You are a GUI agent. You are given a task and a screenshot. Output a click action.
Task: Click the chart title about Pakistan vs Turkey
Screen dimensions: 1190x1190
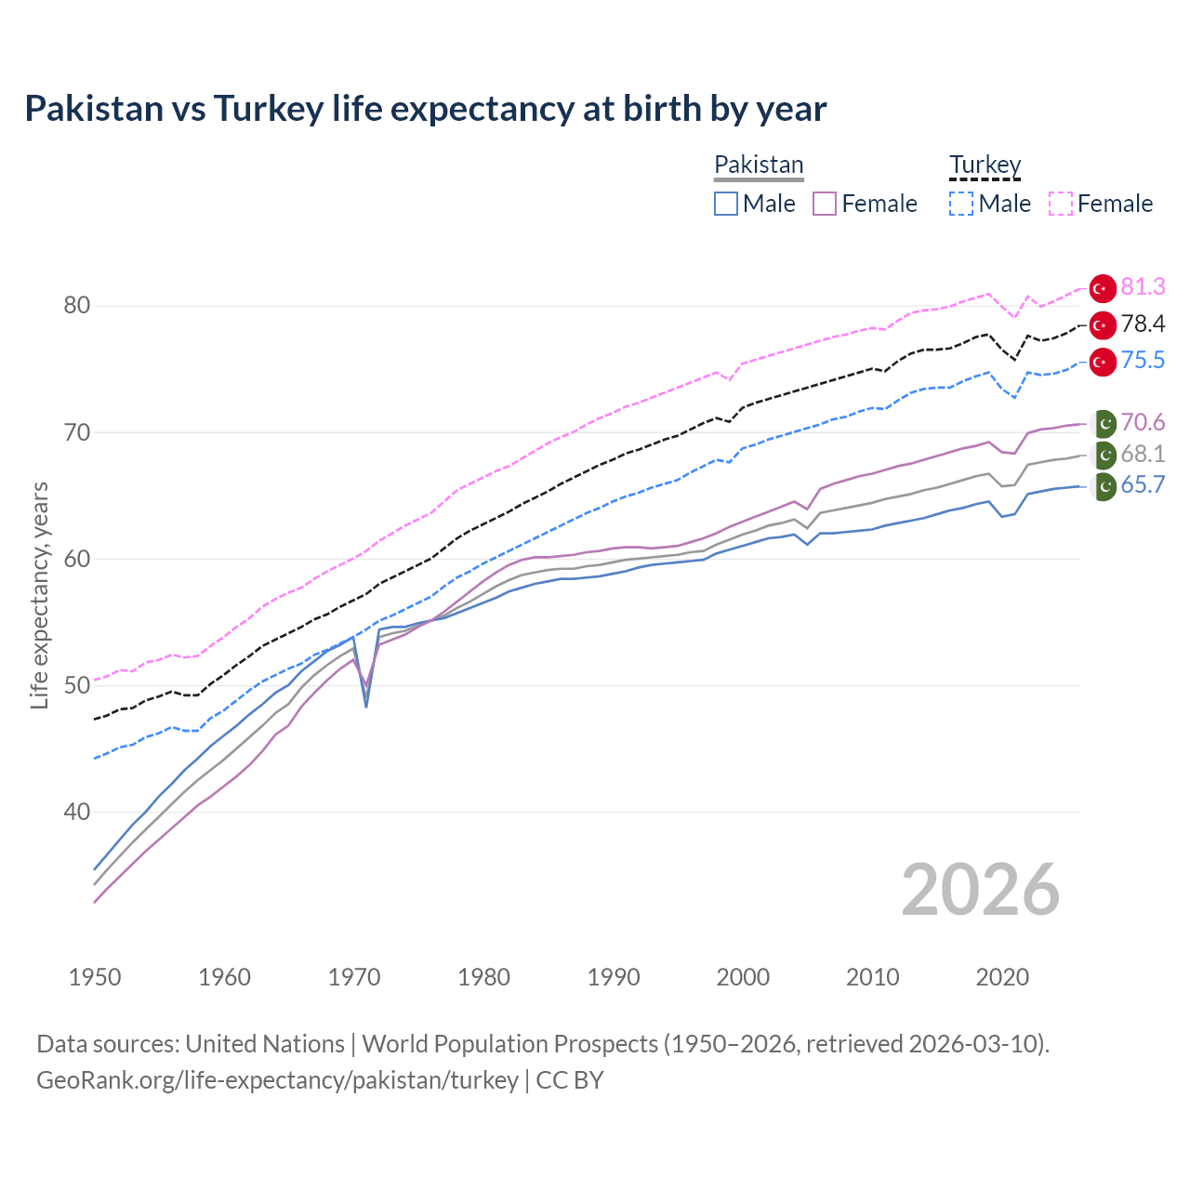[x=425, y=109]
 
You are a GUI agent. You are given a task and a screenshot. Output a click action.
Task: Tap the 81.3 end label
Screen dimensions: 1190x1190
[x=1143, y=287]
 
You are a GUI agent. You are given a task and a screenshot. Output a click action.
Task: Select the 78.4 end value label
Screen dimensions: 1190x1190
[x=1143, y=324]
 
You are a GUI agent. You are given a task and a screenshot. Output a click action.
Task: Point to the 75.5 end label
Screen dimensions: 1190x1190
[x=1143, y=360]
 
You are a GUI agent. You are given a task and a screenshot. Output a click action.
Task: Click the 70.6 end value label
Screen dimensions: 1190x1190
[x=1143, y=422]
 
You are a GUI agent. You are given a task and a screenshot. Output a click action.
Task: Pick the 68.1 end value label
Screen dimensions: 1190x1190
[x=1143, y=454]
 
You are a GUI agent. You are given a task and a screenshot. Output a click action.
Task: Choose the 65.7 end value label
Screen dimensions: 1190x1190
[x=1143, y=484]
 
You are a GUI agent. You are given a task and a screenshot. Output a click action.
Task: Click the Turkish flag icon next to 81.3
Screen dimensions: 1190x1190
[x=1103, y=289]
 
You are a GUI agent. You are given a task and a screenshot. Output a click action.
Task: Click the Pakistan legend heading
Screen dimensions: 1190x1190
[x=759, y=165]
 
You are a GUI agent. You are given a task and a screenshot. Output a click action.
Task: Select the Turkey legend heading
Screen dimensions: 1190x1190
[x=985, y=165]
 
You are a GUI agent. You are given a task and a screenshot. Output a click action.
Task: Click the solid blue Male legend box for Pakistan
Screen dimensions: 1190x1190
[x=726, y=204]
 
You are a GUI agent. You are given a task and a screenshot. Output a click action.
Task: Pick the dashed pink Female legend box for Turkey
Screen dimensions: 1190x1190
[x=1061, y=204]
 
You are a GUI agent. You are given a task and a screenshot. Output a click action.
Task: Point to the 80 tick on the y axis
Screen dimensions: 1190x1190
[x=77, y=305]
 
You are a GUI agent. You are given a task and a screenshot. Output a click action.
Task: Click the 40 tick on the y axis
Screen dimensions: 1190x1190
[x=77, y=812]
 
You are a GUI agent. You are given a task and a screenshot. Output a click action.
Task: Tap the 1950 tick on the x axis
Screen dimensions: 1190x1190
[x=95, y=977]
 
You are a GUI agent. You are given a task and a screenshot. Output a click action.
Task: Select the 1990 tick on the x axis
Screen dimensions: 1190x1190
[x=614, y=977]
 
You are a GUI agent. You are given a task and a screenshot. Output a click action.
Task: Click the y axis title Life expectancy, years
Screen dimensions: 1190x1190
[x=40, y=595]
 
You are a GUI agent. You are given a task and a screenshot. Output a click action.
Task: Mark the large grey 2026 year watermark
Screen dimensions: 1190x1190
[x=980, y=890]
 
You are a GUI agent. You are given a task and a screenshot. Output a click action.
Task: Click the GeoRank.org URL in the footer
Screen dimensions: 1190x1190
[x=277, y=1080]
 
